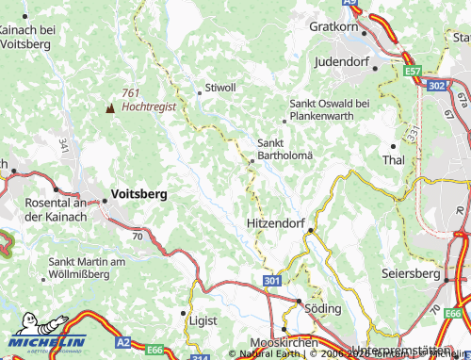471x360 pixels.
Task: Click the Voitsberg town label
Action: point(138,193)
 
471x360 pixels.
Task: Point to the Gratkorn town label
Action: point(336,26)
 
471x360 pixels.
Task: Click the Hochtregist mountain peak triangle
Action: point(110,108)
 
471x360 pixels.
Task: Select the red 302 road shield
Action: point(435,86)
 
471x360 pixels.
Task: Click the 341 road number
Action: point(63,145)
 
